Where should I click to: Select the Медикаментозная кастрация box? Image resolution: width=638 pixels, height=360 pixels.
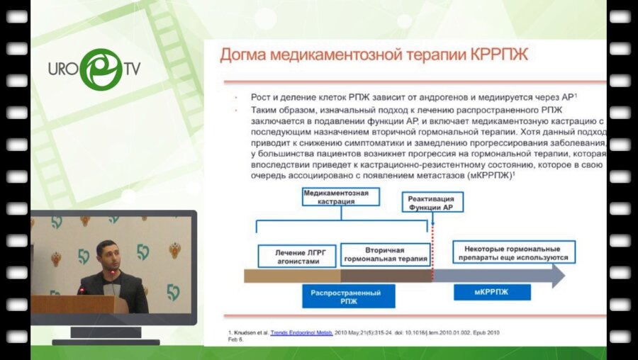340,196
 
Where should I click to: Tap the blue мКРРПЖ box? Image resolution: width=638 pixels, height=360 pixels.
492,292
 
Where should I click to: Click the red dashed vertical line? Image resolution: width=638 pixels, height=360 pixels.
432,241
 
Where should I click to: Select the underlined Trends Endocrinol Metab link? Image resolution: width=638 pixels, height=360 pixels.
300,331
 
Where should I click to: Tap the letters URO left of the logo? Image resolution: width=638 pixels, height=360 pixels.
62,69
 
